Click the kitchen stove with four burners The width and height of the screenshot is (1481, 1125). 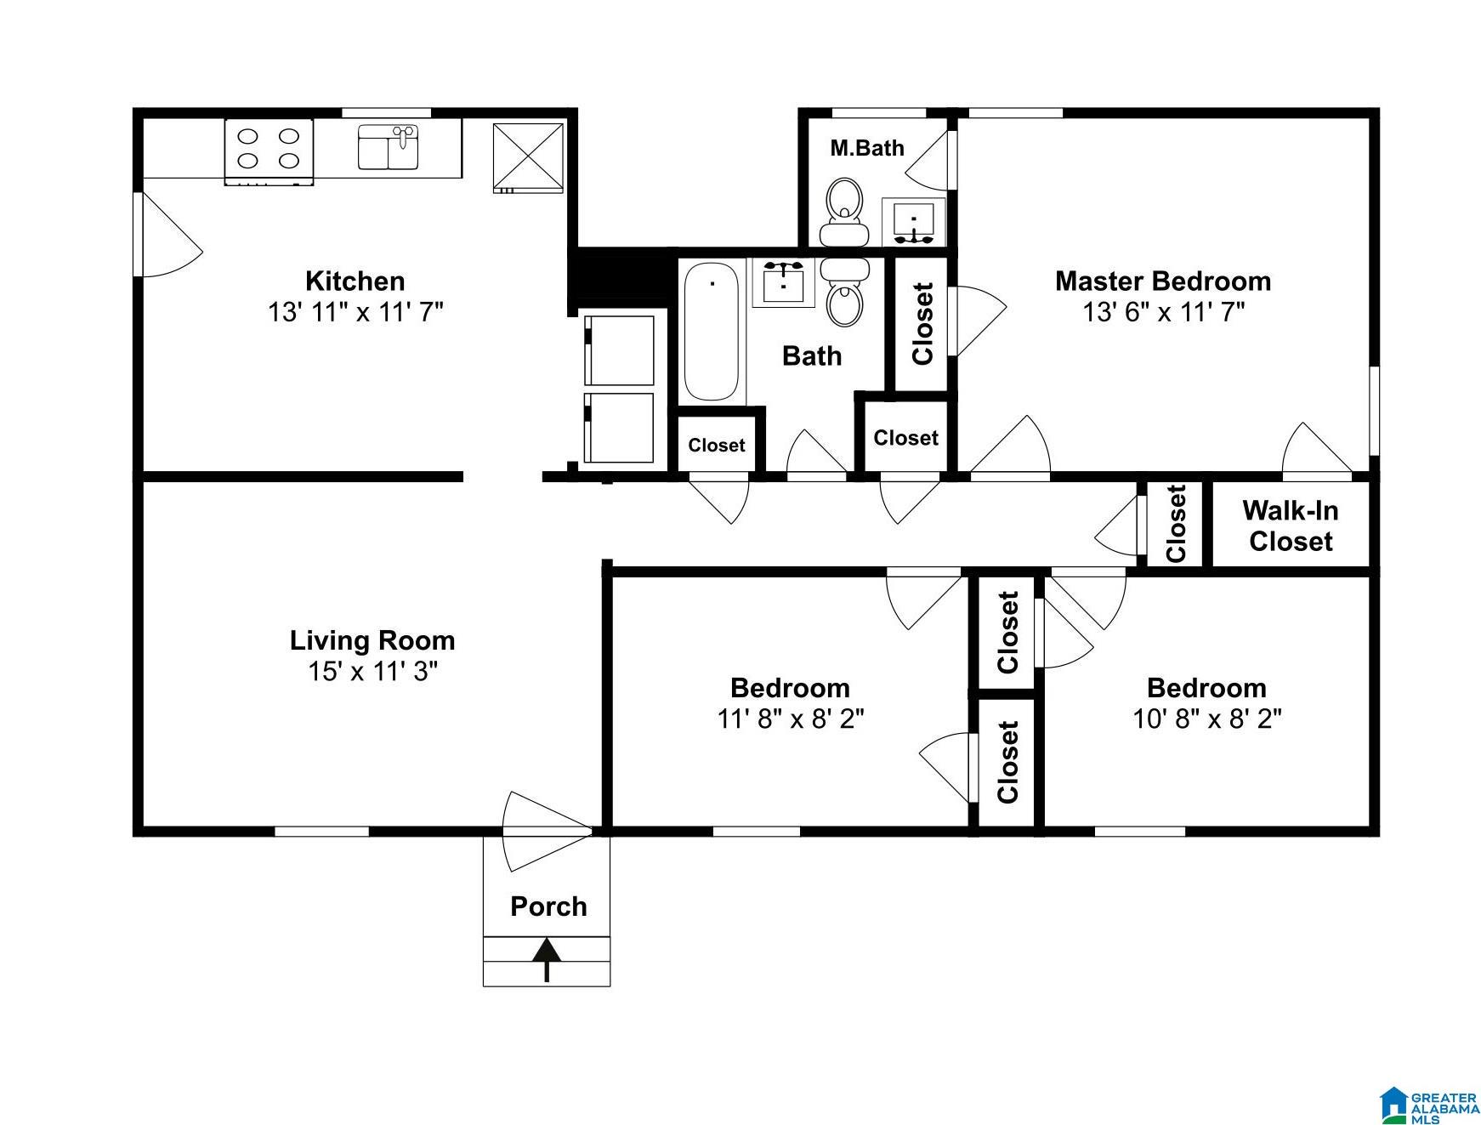pyautogui.click(x=269, y=151)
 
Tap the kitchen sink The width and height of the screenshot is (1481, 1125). pyautogui.click(x=389, y=147)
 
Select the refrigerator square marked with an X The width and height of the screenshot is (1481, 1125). pyautogui.click(x=529, y=157)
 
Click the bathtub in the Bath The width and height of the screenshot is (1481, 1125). pyautogui.click(x=712, y=331)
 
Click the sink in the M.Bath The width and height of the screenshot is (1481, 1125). pyautogui.click(x=914, y=222)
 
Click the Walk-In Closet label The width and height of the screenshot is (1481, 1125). pyautogui.click(x=1291, y=526)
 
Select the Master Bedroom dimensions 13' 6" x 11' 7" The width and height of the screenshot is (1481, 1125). pyautogui.click(x=1163, y=312)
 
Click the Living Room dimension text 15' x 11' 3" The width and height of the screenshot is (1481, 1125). pyautogui.click(x=372, y=671)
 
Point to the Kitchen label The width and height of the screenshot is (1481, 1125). pyautogui.click(x=355, y=281)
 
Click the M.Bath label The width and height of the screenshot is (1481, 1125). pyautogui.click(x=867, y=148)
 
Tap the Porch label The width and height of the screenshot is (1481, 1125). pyautogui.click(x=548, y=906)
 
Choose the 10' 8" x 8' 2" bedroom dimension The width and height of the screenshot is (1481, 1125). pyautogui.click(x=1206, y=719)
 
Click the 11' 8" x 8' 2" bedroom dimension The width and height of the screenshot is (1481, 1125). pyautogui.click(x=790, y=719)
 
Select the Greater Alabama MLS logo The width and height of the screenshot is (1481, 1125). pyautogui.click(x=1428, y=1105)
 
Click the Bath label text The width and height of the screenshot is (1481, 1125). pyautogui.click(x=812, y=355)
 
